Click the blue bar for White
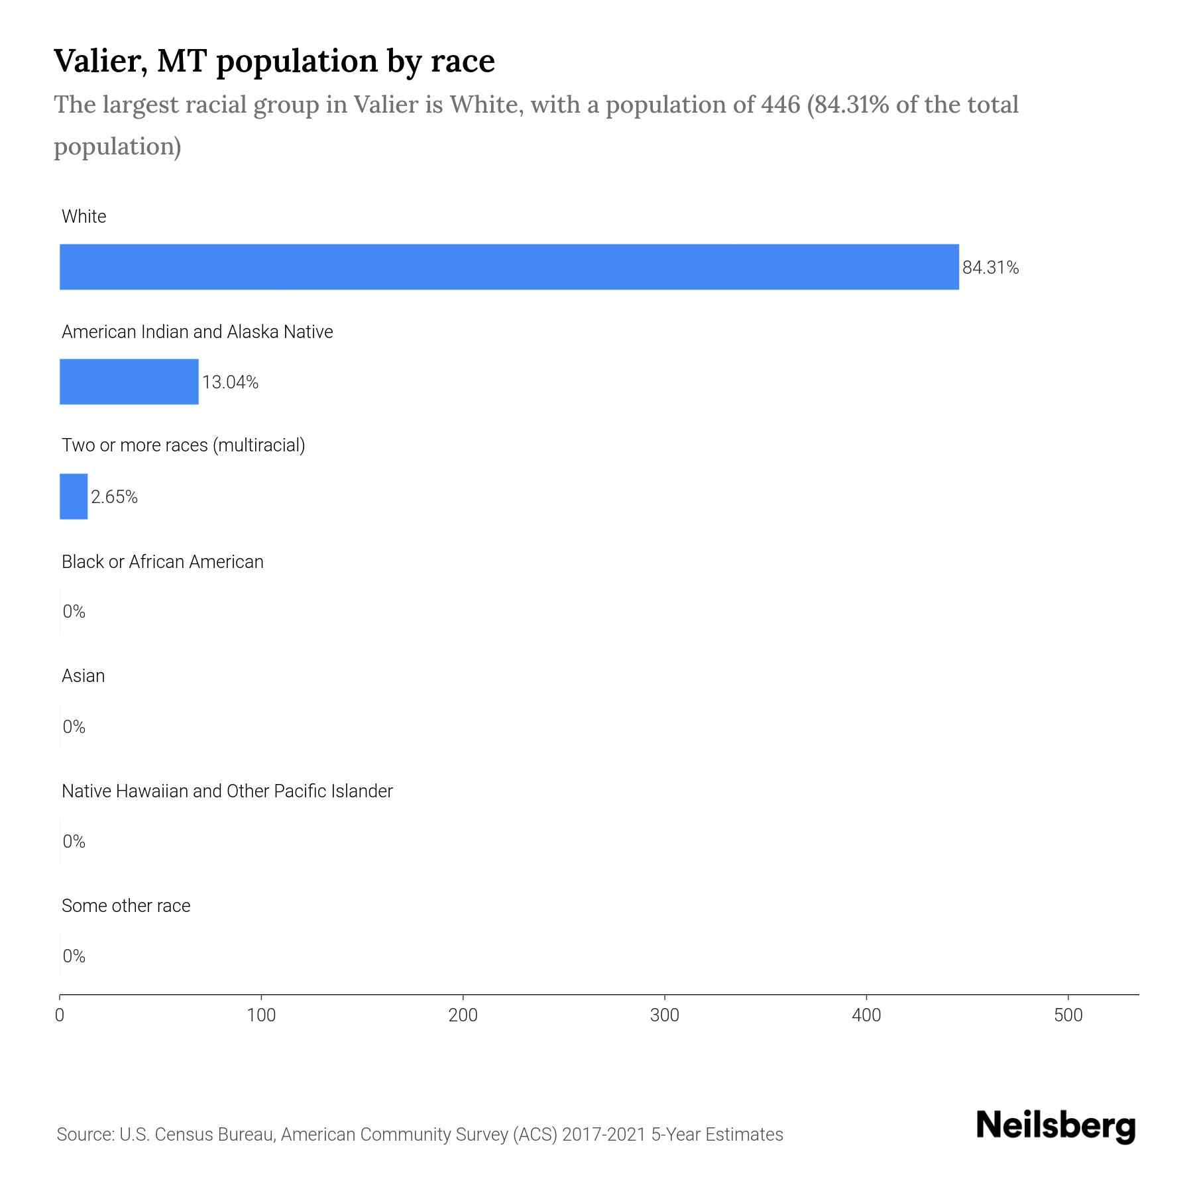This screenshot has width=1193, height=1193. pos(509,266)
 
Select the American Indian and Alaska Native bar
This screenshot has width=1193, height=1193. pos(129,382)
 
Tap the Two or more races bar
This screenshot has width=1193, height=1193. pos(74,496)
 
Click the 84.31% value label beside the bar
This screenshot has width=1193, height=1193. pos(990,268)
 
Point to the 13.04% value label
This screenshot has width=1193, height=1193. pos(230,382)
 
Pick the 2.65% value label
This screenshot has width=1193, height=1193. pos(114,497)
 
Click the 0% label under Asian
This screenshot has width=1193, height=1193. pos(74,727)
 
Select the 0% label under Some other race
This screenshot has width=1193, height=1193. pos(74,956)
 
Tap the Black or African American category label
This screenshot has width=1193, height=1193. pos(162,562)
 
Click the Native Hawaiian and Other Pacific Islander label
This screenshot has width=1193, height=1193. pos(227,791)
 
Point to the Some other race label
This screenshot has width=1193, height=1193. pos(126,906)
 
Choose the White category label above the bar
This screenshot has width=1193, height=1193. pos(84,217)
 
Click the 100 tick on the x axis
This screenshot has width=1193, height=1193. pos(261,1015)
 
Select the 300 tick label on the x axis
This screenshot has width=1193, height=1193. pos(664,1015)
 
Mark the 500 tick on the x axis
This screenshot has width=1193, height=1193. pos(1068,1015)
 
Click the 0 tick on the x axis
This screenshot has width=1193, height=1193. pos(60,1015)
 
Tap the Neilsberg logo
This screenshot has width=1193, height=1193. pos(1056,1126)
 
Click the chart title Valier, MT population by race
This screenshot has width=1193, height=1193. pos(274,61)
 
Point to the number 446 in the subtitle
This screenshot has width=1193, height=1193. pos(780,105)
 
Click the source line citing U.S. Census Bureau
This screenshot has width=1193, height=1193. pos(420,1135)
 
